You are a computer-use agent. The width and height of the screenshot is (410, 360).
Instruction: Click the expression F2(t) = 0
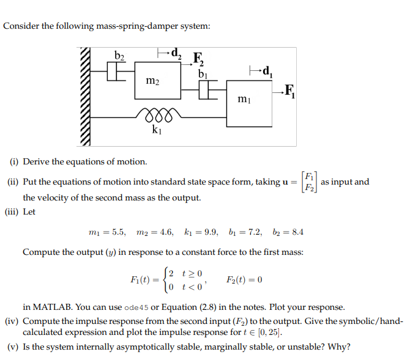(x=244, y=280)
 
